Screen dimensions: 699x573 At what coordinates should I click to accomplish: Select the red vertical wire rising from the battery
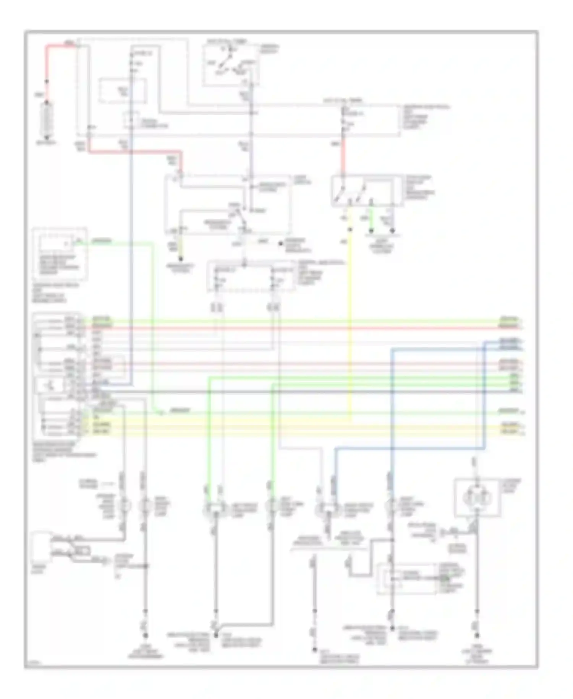pyautogui.click(x=47, y=65)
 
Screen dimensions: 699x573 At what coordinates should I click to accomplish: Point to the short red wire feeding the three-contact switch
pyautogui.click(x=343, y=157)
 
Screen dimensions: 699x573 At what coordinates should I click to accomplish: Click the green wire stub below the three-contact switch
pyautogui.click(x=371, y=222)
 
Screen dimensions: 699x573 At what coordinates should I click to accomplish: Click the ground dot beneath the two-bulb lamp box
pyautogui.click(x=476, y=636)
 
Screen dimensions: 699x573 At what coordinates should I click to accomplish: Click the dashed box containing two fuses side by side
pyautogui.click(x=250, y=276)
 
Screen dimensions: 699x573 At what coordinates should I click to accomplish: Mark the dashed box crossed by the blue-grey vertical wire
pyautogui.click(x=123, y=91)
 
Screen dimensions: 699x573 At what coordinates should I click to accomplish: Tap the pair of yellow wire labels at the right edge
pyautogui.click(x=511, y=428)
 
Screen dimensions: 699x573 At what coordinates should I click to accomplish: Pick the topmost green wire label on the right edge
pyautogui.click(x=510, y=319)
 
